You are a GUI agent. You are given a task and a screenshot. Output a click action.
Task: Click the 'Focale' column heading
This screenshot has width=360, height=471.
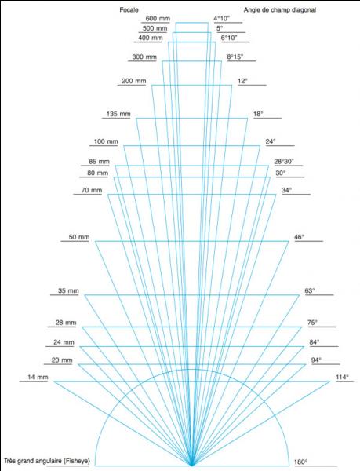coord(129,10)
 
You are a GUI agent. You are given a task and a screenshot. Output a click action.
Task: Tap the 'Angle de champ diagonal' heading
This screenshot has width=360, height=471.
coord(279,10)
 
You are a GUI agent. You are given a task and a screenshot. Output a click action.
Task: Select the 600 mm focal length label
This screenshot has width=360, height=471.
coord(158,19)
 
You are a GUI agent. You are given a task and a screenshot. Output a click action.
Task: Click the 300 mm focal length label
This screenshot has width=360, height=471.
coord(144,57)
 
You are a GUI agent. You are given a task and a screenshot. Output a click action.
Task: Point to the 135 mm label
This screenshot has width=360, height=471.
coord(118,114)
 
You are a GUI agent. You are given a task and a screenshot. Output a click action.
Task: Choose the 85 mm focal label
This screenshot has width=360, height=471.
coord(99,162)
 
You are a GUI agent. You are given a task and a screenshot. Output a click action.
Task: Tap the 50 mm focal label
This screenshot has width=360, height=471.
coord(79,237)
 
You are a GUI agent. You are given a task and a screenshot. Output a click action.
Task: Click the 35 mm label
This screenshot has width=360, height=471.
coord(68,290)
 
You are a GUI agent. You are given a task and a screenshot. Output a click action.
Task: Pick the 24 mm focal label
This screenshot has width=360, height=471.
coord(64,342)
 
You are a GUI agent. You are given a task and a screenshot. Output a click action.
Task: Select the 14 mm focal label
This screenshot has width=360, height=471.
coord(38,378)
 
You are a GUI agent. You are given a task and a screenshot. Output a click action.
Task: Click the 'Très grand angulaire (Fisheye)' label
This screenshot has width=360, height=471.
coord(47,461)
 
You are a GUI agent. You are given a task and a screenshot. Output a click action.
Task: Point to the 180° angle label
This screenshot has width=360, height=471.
coord(301,462)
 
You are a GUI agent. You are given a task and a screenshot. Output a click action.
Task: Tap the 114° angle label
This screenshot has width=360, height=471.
coord(342,378)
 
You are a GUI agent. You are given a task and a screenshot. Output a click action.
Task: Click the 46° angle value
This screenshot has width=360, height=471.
coord(299,237)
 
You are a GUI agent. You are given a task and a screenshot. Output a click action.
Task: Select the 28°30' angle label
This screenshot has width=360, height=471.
coord(284,162)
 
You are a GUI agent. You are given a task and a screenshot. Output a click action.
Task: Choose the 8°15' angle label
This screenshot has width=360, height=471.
coord(235,57)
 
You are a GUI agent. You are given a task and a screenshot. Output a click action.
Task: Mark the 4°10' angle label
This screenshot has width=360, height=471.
coord(222,19)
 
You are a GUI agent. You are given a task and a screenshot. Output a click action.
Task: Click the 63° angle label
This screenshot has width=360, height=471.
coord(310,290)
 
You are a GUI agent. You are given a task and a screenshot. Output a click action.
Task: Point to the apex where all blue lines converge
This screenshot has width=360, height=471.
coord(191,466)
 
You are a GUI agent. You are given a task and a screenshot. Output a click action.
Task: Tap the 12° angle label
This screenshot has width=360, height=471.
coord(242,81)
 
